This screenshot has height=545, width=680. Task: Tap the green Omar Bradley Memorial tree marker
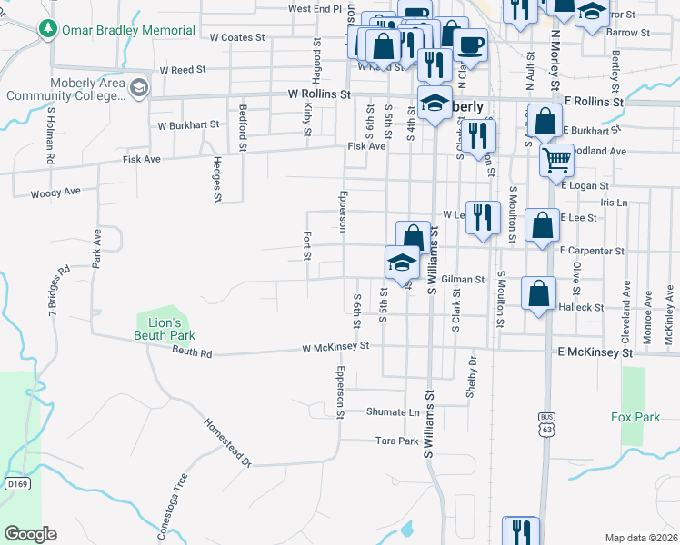(x=48, y=29)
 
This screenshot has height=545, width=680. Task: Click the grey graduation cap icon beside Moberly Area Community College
(x=138, y=88)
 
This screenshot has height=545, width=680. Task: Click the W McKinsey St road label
(x=335, y=346)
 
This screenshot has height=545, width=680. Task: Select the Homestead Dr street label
(x=227, y=442)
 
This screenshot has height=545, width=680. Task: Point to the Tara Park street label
(x=396, y=441)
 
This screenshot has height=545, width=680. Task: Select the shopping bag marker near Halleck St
(x=539, y=293)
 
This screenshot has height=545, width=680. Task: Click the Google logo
(x=30, y=534)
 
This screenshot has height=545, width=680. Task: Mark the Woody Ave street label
(x=55, y=193)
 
